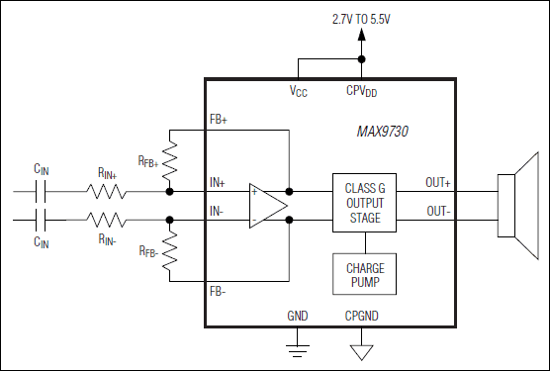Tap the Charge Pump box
tap(365, 274)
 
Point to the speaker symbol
tap(516, 204)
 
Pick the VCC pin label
tap(299, 91)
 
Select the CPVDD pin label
tap(362, 91)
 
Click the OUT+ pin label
tap(438, 181)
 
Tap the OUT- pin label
tap(437, 211)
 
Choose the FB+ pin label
tap(219, 120)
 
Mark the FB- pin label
tap(219, 292)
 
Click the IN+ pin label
tap(218, 182)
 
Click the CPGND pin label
tap(362, 318)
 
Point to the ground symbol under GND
tap(298, 347)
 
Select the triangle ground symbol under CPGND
tap(362, 349)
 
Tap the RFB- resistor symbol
tap(170, 249)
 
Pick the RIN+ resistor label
tap(109, 172)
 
